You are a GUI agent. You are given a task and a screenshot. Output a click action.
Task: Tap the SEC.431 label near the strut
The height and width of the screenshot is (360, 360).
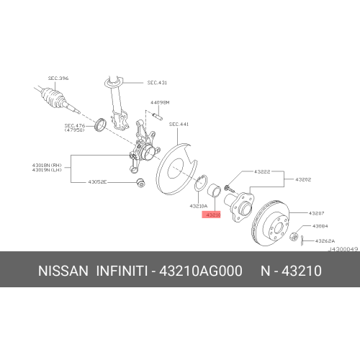pos(157,83)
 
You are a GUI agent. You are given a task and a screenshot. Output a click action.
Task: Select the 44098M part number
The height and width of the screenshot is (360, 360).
pos(160,103)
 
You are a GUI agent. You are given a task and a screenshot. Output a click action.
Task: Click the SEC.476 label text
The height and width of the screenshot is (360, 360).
pos(75,124)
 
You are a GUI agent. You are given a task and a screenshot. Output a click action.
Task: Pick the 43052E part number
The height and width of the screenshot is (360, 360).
pos(97,181)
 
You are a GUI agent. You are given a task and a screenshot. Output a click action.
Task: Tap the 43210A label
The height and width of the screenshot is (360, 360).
pos(199,206)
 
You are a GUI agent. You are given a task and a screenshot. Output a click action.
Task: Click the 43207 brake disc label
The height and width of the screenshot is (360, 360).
pos(317,213)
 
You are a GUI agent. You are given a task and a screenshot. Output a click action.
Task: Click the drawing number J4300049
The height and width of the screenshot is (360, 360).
pos(343,248)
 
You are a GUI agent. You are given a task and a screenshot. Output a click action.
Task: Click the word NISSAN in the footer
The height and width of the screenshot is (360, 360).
pos(62,271)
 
